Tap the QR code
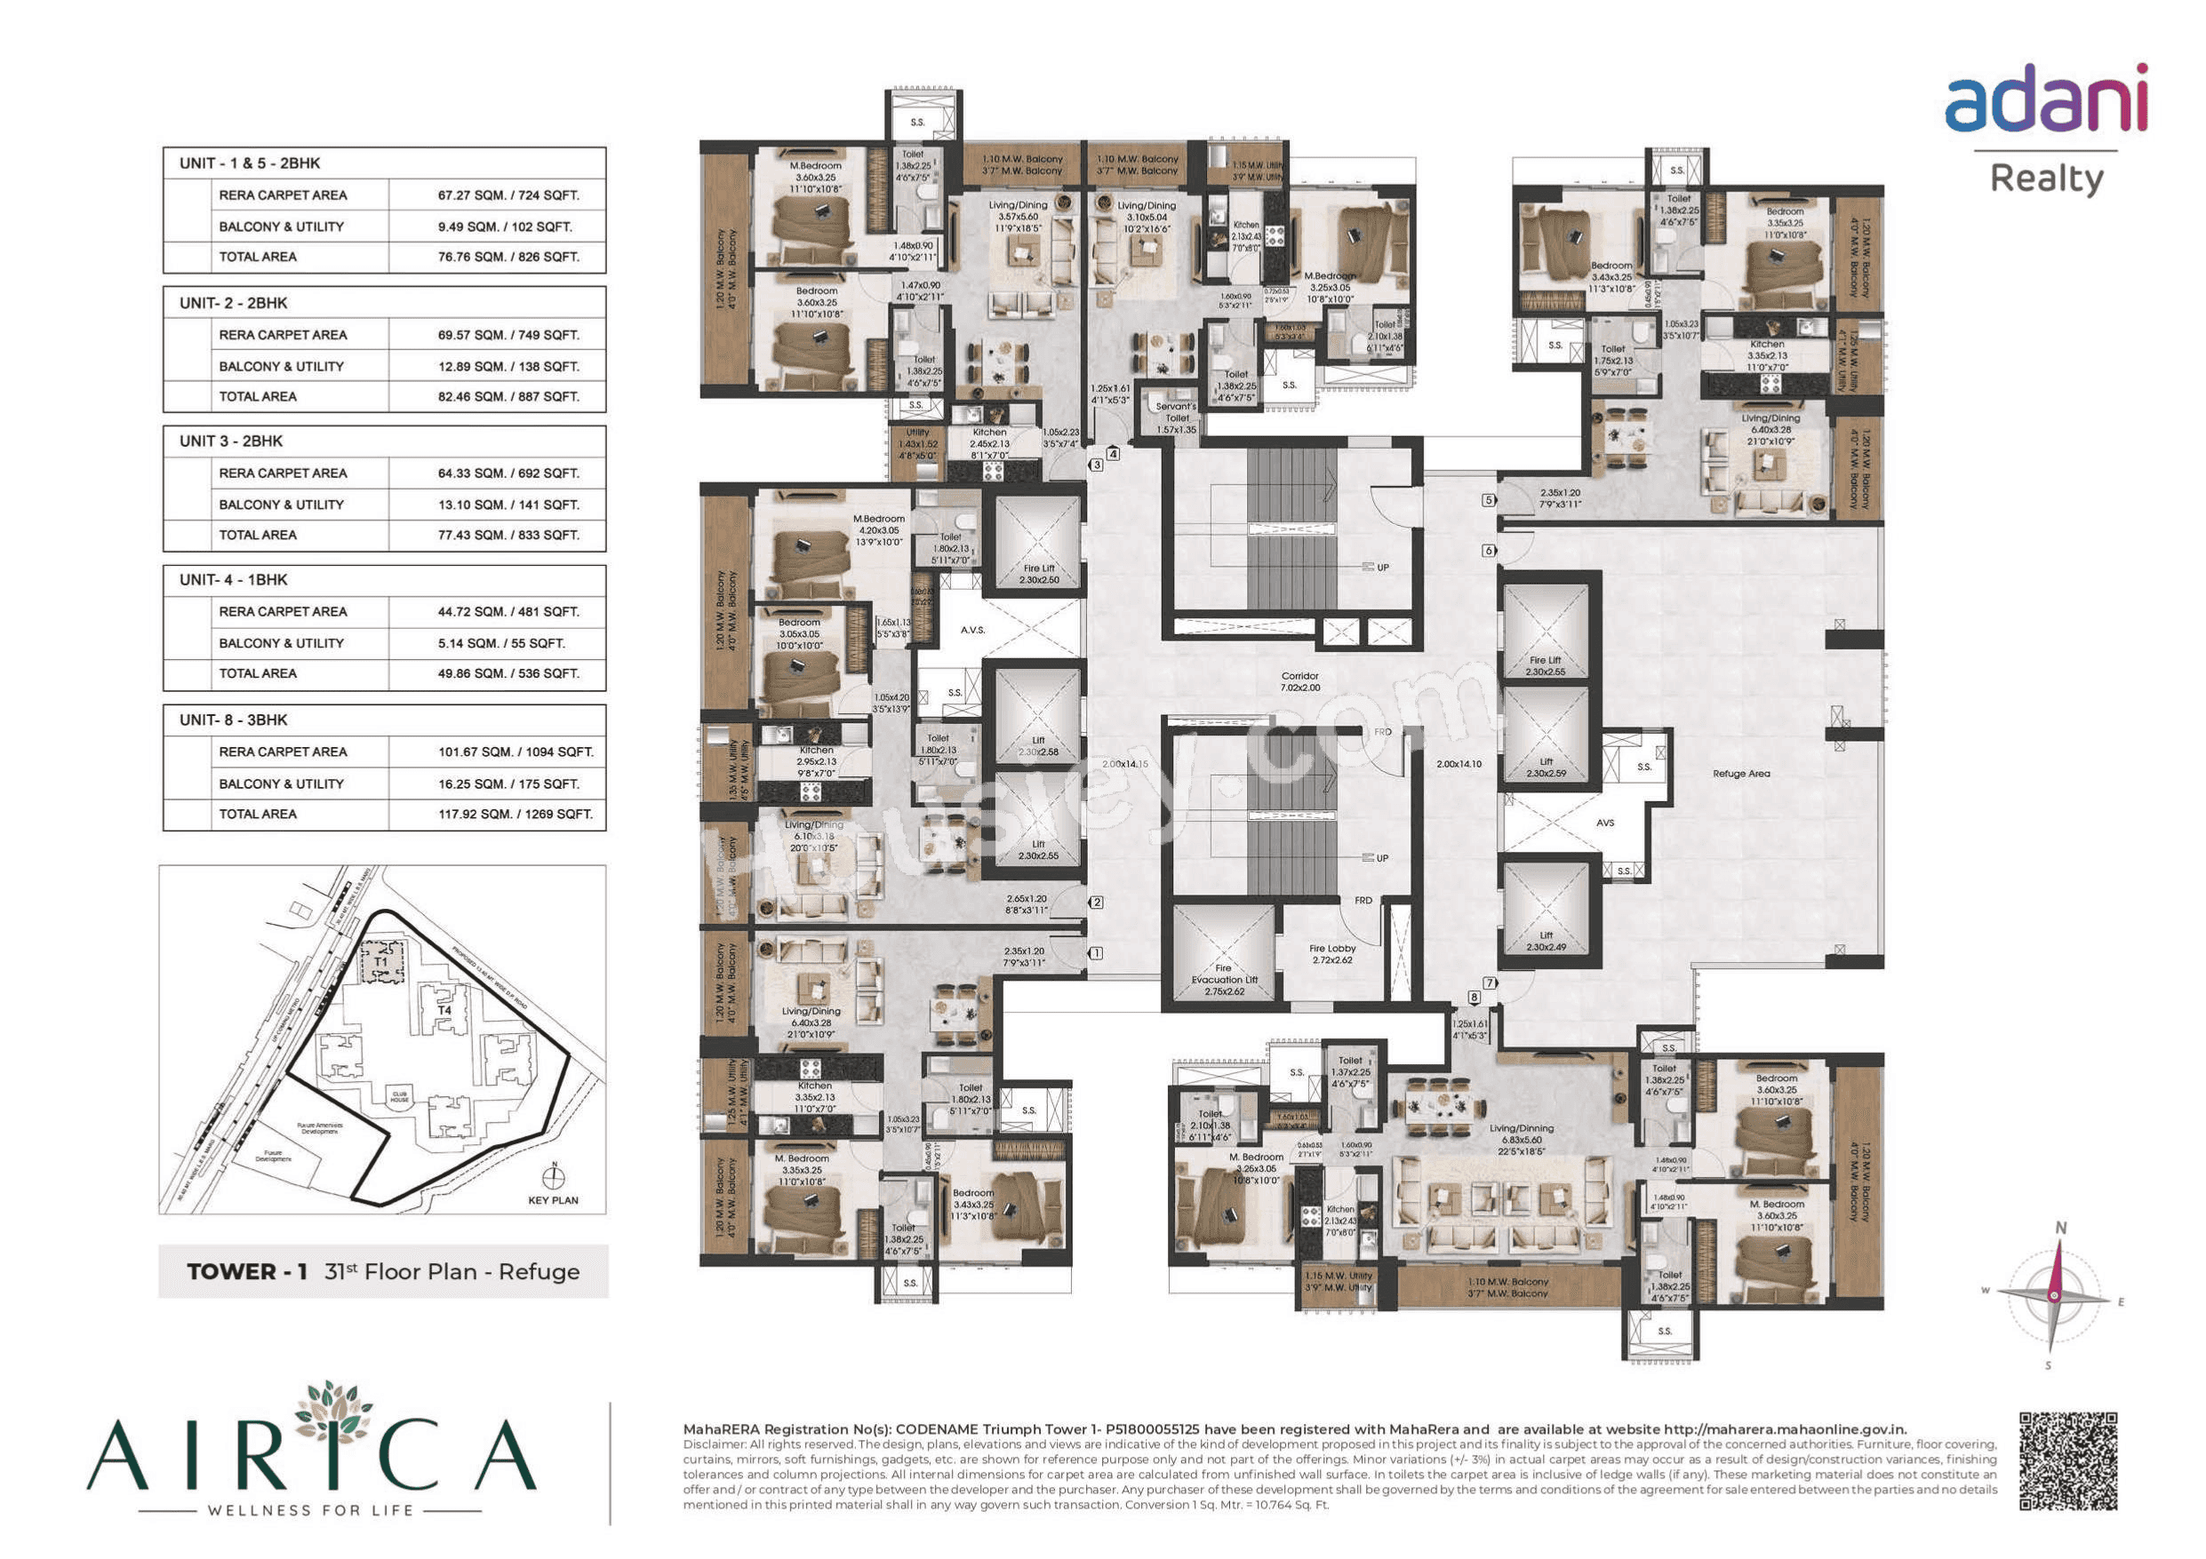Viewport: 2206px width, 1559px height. pyautogui.click(x=2067, y=1461)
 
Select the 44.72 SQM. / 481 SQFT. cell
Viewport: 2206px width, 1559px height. pyautogui.click(x=508, y=612)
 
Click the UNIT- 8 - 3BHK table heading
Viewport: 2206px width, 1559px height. pyautogui.click(x=234, y=720)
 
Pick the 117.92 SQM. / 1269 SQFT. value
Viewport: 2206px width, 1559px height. pyautogui.click(x=515, y=815)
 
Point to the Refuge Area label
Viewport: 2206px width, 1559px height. pyautogui.click(x=1740, y=773)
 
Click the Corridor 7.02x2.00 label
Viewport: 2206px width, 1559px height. pyautogui.click(x=1300, y=682)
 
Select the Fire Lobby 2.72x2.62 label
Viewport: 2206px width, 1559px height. pyautogui.click(x=1331, y=954)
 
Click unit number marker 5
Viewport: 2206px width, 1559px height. pyautogui.click(x=1488, y=500)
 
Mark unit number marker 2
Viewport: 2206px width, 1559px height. pyautogui.click(x=1096, y=903)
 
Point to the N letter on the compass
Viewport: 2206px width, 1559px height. pyautogui.click(x=2060, y=1228)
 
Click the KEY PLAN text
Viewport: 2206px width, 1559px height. pyautogui.click(x=553, y=1201)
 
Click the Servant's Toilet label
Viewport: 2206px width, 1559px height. pyautogui.click(x=1176, y=413)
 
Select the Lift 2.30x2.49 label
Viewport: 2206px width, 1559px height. pyautogui.click(x=1546, y=941)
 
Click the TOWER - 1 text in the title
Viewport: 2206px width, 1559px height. pyautogui.click(x=247, y=1272)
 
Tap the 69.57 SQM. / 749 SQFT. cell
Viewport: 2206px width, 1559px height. pyautogui.click(x=508, y=335)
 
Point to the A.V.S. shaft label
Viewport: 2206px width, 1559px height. pyautogui.click(x=972, y=630)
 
